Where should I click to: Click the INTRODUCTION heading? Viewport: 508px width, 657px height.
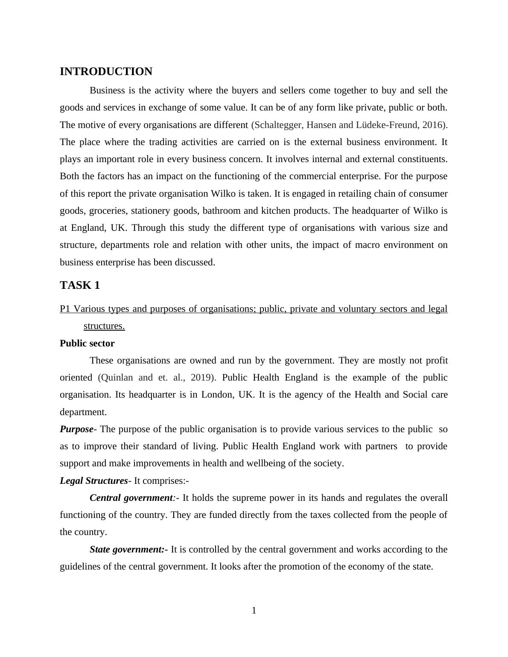click(x=106, y=72)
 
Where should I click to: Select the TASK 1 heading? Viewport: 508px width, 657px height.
click(x=80, y=285)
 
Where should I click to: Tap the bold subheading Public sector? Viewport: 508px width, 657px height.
click(x=87, y=343)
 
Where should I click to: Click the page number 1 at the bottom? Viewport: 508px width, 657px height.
click(x=254, y=610)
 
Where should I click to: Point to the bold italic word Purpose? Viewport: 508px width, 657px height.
click(x=76, y=429)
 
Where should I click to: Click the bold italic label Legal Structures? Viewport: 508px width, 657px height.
click(x=93, y=481)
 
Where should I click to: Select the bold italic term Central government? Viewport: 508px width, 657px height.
click(x=131, y=498)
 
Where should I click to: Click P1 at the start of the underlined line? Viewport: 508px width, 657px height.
click(x=65, y=309)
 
